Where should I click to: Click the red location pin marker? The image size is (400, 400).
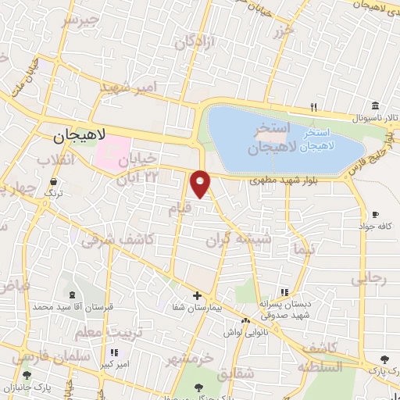(x=202, y=184)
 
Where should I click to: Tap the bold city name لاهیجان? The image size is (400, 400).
(x=79, y=137)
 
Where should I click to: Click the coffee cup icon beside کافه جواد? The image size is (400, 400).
(x=375, y=214)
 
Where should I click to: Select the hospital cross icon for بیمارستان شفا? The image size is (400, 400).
(x=197, y=295)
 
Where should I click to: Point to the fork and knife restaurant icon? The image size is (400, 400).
(x=314, y=106)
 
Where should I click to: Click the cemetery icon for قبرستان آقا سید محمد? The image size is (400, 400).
(x=73, y=295)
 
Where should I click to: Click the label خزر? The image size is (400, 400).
(x=284, y=32)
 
